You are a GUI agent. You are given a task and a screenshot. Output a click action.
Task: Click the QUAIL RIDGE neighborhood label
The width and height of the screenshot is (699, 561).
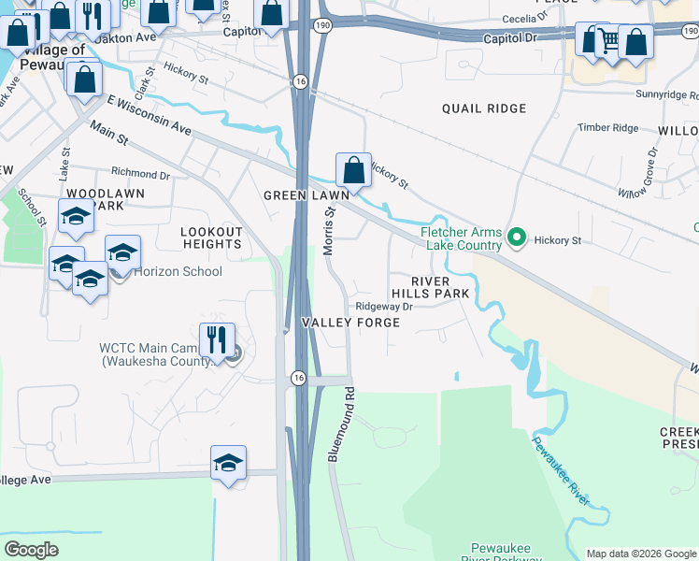coord(484,108)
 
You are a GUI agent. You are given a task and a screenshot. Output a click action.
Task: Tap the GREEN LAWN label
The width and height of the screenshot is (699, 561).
coord(306,195)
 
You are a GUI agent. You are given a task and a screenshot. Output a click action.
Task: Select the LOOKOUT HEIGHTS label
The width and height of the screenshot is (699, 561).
coord(211,237)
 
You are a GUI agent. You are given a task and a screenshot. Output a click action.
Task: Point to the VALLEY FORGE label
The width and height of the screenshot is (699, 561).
coord(350,323)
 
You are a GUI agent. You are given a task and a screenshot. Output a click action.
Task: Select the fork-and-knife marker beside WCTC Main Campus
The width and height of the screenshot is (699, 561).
coord(217,340)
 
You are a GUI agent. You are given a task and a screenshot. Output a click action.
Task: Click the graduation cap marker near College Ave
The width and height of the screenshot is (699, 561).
coord(228,463)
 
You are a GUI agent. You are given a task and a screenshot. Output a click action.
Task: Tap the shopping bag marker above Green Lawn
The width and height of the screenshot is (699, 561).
coord(353,171)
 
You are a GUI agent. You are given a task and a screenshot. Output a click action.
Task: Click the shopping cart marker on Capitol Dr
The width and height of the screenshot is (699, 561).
coord(609,40)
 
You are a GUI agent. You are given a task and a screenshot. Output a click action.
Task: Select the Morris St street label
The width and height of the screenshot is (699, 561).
coord(329,228)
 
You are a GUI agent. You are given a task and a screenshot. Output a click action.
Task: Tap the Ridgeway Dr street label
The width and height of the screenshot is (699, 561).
coord(384,306)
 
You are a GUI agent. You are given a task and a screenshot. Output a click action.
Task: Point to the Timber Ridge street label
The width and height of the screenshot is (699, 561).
coord(607,128)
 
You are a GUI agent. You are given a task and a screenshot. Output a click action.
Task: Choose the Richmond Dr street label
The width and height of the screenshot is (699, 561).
coord(140,173)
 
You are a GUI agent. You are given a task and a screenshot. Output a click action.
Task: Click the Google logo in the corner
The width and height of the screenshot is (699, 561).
coord(32,550)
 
